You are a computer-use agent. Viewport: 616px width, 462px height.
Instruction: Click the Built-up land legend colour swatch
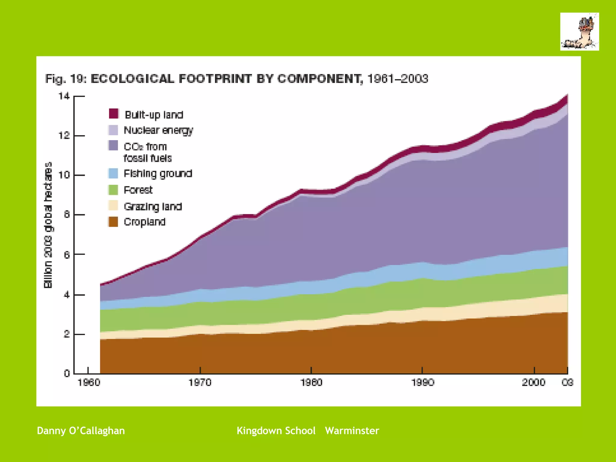pos(113,114)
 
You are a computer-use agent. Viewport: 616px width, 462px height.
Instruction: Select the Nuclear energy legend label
pos(158,130)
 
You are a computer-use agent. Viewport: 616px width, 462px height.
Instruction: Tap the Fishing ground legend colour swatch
pos(113,174)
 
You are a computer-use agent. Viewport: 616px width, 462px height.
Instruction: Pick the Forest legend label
pos(138,190)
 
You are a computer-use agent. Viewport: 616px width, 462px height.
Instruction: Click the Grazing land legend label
pos(153,207)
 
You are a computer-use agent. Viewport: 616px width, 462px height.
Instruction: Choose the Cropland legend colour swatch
pos(113,222)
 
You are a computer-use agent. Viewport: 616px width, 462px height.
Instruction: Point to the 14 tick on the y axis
pos(64,96)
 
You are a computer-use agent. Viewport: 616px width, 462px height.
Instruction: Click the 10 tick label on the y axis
pos(64,175)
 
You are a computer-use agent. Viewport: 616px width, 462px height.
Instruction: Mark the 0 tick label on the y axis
pos(67,374)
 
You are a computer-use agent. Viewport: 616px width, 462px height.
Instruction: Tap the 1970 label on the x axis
pos(200,383)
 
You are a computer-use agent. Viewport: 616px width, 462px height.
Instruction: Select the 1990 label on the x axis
pos(423,383)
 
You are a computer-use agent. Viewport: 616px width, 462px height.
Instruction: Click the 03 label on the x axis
pos(568,383)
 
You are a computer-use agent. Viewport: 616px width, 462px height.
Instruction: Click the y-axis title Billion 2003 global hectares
pos(48,225)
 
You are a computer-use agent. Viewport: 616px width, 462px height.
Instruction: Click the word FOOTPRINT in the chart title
pos(215,79)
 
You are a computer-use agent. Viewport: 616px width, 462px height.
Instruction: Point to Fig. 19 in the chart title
pos(66,79)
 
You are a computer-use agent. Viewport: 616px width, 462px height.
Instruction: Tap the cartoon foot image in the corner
pos(579,32)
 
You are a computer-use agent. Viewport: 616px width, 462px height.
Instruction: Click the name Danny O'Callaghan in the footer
pos(81,431)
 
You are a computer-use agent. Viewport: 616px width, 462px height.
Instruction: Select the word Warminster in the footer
pos(352,431)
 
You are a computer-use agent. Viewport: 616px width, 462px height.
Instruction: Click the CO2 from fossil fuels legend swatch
pos(113,146)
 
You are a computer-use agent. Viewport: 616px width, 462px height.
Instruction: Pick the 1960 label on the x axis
pos(89,383)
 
